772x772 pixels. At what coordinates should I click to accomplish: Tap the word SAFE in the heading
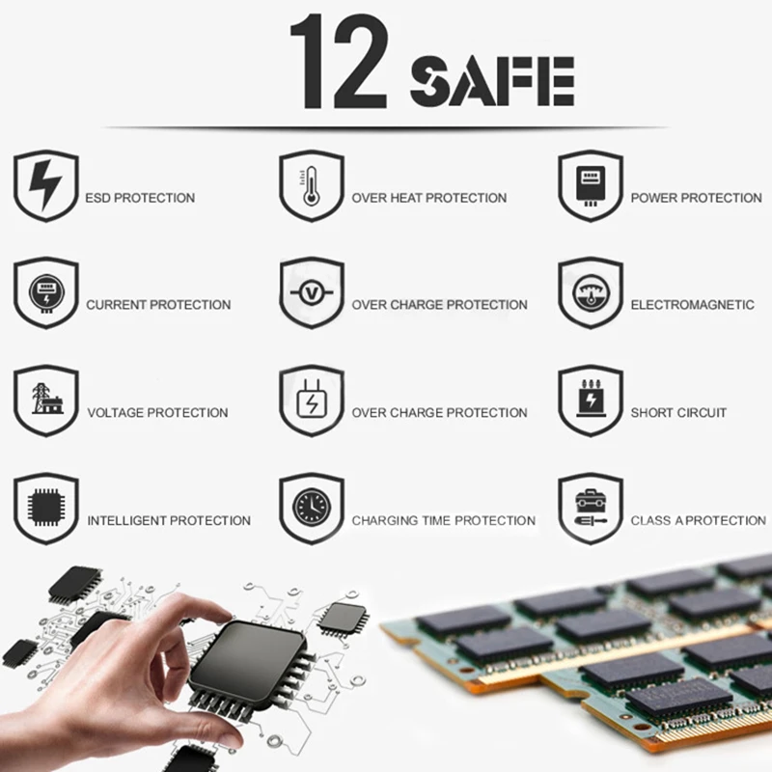[x=492, y=81]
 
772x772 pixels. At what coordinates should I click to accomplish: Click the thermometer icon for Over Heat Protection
[x=311, y=184]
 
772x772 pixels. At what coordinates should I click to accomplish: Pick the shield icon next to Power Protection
[x=590, y=184]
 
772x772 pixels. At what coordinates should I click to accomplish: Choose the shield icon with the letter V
[x=311, y=292]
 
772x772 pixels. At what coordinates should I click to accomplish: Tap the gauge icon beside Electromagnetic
[x=590, y=292]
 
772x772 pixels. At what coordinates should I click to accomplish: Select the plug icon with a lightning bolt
[x=311, y=400]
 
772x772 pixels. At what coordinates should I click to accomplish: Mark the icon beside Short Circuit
[x=590, y=400]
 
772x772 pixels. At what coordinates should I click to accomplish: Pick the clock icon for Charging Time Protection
[x=311, y=508]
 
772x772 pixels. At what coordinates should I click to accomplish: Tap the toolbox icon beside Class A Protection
[x=590, y=508]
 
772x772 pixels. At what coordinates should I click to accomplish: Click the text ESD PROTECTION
[x=140, y=198]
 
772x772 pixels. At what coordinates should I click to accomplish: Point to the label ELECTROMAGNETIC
[x=692, y=305]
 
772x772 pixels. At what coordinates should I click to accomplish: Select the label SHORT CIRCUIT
[x=678, y=413]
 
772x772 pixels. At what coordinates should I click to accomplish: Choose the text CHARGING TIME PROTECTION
[x=443, y=521]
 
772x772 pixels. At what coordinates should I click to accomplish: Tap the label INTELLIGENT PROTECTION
[x=169, y=521]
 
